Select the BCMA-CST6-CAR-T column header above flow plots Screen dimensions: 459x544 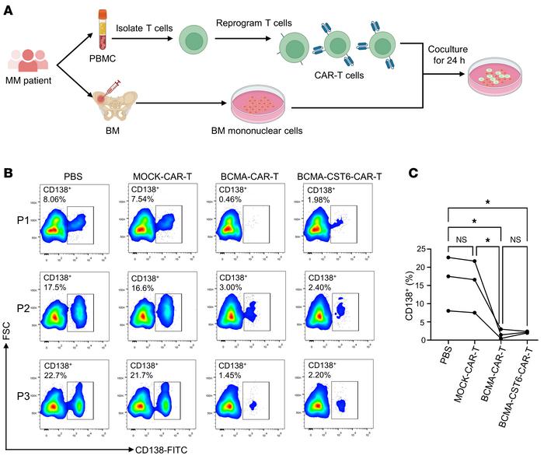coord(332,175)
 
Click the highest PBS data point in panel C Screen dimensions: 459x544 coord(448,258)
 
